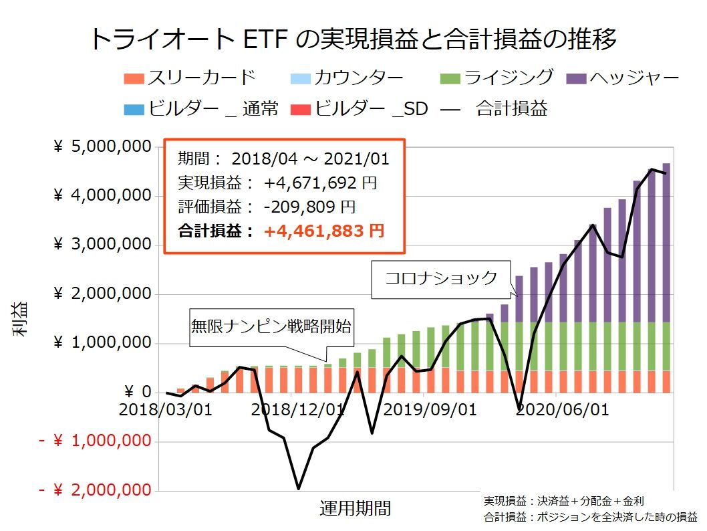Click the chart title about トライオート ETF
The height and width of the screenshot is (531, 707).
click(x=353, y=39)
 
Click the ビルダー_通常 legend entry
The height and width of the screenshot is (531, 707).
click(x=201, y=108)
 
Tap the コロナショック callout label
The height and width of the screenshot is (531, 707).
click(x=442, y=278)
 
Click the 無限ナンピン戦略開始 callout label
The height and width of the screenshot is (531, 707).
click(x=271, y=328)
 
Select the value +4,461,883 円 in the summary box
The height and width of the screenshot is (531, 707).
click(x=324, y=231)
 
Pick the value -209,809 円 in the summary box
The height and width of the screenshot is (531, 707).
click(x=309, y=206)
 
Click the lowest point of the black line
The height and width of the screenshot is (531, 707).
click(x=298, y=488)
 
